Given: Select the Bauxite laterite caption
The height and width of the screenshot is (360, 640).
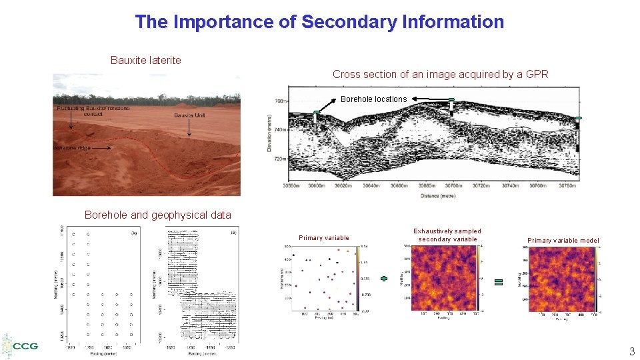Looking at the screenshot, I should pyautogui.click(x=145, y=60).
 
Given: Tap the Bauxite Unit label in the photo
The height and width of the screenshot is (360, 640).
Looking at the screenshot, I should pyautogui.click(x=189, y=115).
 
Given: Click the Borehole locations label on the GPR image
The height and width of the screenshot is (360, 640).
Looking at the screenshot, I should pyautogui.click(x=373, y=99).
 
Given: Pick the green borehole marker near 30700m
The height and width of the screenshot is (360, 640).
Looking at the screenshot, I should pyautogui.click(x=451, y=101).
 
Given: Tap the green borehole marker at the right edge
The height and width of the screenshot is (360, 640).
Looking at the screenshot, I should pyautogui.click(x=577, y=118).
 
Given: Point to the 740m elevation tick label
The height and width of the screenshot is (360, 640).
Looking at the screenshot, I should pyautogui.click(x=280, y=130).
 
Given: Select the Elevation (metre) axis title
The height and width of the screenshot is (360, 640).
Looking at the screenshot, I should pyautogui.click(x=269, y=131).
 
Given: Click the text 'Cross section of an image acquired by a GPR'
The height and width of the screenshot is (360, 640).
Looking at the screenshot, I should pyautogui.click(x=440, y=74).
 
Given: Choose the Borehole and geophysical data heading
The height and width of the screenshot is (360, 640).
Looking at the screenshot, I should pyautogui.click(x=158, y=215).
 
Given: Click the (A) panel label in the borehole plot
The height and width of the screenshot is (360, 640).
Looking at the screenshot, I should pyautogui.click(x=134, y=233).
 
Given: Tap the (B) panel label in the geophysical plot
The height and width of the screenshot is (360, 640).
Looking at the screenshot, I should pyautogui.click(x=233, y=233).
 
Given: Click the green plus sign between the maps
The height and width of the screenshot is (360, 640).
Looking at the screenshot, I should pyautogui.click(x=384, y=279).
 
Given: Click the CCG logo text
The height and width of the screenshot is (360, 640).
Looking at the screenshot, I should pyautogui.click(x=25, y=346).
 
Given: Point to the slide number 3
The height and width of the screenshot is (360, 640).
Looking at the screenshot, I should pyautogui.click(x=631, y=351).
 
